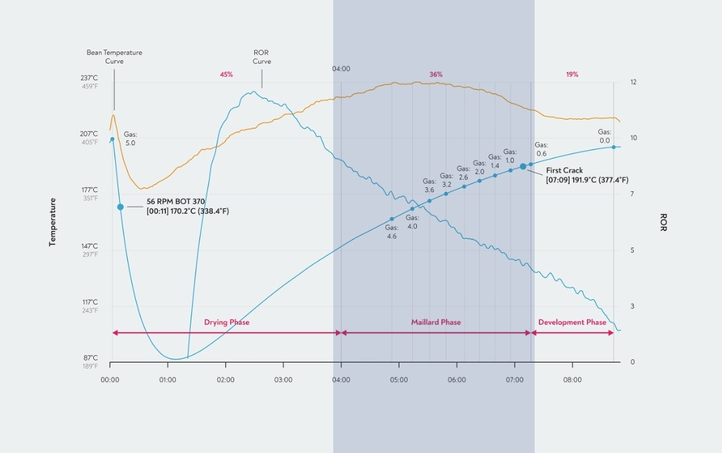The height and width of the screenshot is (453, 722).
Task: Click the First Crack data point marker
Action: (x=523, y=166)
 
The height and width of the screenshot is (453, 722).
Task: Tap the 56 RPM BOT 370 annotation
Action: (x=176, y=201)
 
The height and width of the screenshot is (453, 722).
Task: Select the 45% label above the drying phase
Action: (x=226, y=74)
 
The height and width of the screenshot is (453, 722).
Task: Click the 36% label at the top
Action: (x=436, y=74)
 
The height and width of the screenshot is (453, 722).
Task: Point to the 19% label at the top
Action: (x=572, y=74)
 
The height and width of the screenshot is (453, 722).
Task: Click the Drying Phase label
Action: (x=227, y=323)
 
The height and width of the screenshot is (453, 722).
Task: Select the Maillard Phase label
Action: (x=436, y=323)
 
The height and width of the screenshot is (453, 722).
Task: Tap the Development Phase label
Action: (x=572, y=323)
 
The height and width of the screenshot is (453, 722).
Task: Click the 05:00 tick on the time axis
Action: (x=399, y=380)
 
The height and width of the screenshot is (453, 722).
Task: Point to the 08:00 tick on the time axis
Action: (x=572, y=380)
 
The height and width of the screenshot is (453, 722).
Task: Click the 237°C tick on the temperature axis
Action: (x=90, y=78)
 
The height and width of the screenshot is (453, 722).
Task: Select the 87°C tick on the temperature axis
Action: (x=90, y=359)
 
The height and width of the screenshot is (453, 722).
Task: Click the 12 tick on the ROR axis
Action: (x=633, y=82)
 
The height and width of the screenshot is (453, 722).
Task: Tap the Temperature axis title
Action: (x=52, y=222)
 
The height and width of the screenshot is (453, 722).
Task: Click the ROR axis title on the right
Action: (x=663, y=222)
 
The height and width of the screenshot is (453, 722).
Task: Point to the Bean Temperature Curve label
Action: (x=114, y=57)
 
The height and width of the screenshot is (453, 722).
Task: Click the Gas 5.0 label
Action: (x=130, y=139)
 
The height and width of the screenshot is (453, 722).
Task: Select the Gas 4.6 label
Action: (x=391, y=232)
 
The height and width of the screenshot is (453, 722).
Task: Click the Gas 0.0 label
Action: (x=604, y=137)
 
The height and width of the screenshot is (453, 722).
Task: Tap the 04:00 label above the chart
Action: (x=341, y=69)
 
